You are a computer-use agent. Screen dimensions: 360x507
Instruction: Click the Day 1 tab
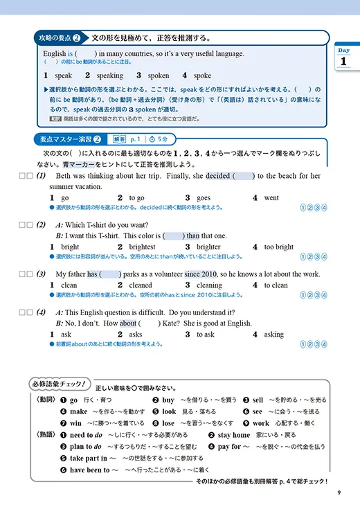[344, 57]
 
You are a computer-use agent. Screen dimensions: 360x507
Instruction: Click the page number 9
[339, 493]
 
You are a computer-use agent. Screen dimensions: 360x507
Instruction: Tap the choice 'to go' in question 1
[136, 197]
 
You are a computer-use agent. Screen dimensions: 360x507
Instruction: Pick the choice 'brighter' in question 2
[208, 247]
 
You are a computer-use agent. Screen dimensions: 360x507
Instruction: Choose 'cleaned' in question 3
[141, 285]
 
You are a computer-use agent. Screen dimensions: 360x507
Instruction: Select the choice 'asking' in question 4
[273, 334]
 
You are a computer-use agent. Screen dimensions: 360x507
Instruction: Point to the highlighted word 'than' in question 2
[192, 235]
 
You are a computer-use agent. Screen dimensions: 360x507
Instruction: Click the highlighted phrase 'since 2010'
[202, 274]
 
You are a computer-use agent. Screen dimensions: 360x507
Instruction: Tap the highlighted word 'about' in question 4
[128, 323]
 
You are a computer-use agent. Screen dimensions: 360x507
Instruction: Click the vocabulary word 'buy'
[168, 400]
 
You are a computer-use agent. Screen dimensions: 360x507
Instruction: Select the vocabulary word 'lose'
[169, 423]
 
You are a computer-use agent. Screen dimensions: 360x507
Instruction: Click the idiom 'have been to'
[90, 470]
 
